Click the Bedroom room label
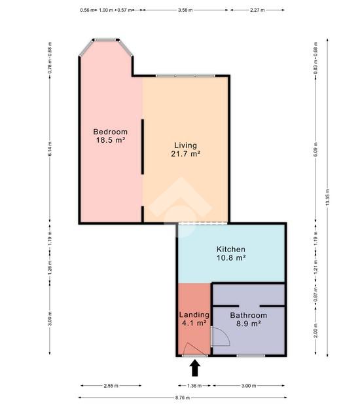pos(110,132)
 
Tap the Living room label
pos(185,145)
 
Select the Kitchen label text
pos(231,249)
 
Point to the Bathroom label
pos(249,315)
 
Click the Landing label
pos(194,314)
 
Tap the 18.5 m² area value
pos(110,140)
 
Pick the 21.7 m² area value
pos(185,154)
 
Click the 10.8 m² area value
pos(231,257)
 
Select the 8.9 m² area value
pos(249,324)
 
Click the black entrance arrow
pos(195,368)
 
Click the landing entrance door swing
pos(194,348)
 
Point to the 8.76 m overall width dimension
pos(183,398)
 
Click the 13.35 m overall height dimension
pos(327,197)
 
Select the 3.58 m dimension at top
pos(185,10)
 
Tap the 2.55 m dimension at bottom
pos(111,386)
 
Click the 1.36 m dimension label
pos(194,386)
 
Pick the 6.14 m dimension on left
pos(50,149)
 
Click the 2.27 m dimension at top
pos(257,10)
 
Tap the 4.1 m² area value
pos(194,323)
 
